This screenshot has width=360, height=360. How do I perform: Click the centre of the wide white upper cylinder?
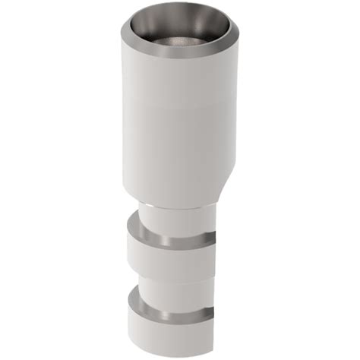click(180, 122)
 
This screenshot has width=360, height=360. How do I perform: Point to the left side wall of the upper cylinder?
click(125, 122)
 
